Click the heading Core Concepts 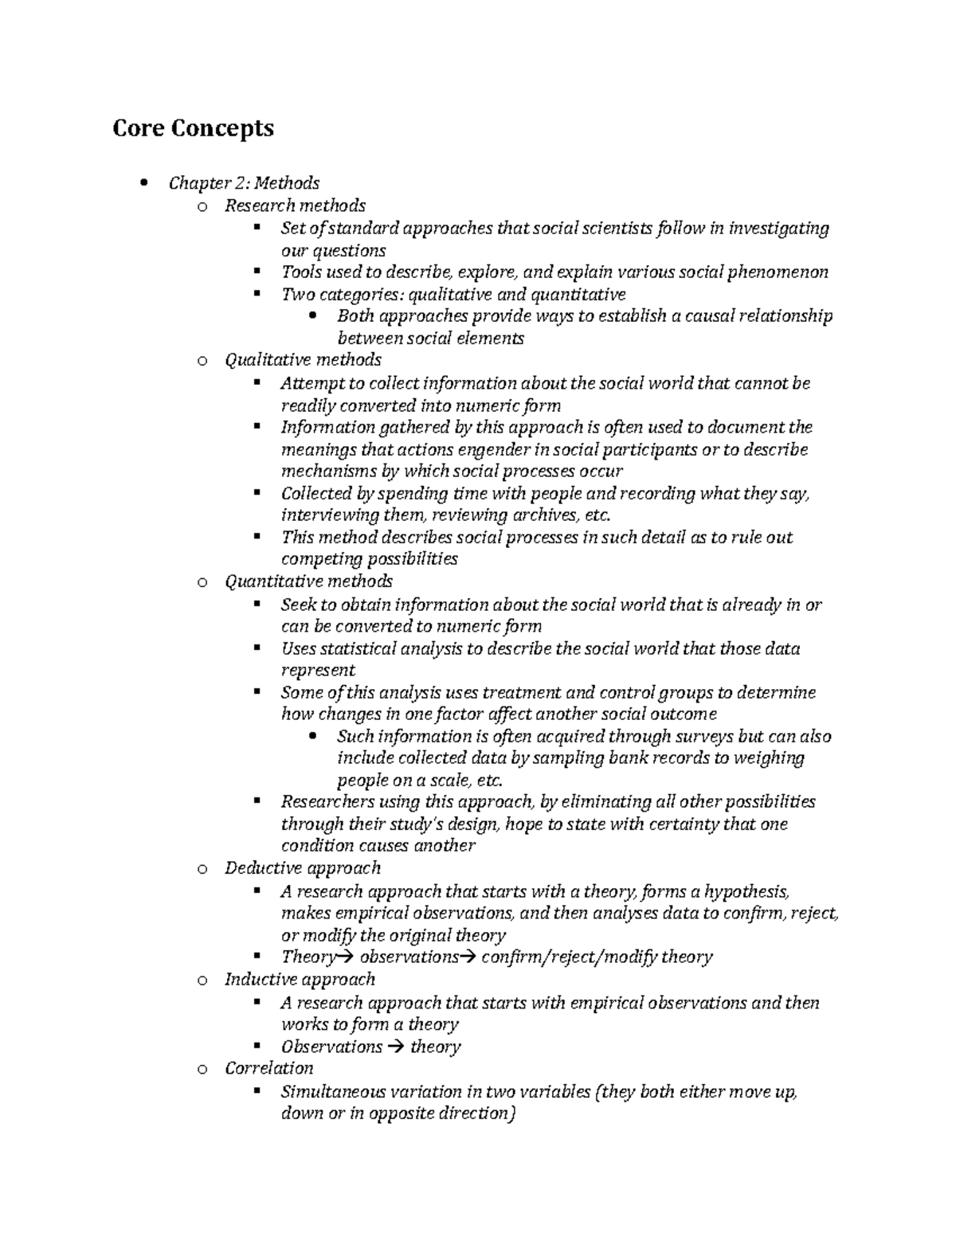193,127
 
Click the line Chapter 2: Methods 244,183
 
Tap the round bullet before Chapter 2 143,183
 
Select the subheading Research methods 295,206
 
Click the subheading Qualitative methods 303,360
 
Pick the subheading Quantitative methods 308,581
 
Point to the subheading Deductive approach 303,868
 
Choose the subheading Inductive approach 300,980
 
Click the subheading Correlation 268,1068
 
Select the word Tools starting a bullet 301,272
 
